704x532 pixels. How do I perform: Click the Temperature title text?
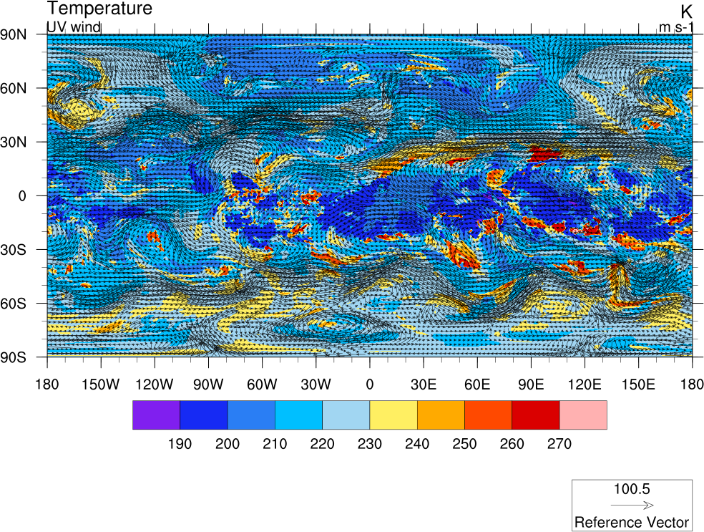tap(99, 9)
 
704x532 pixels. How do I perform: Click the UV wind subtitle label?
tap(73, 27)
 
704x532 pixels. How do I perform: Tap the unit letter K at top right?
tap(686, 11)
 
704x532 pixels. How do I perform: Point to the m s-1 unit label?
tap(675, 28)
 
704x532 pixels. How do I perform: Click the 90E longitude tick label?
tap(531, 383)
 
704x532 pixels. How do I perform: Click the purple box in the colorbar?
tap(156, 415)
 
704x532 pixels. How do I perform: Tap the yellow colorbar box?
tap(393, 415)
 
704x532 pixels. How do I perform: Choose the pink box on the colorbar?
tap(583, 415)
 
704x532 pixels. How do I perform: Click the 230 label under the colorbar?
tap(369, 444)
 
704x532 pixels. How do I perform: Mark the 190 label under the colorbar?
tap(180, 444)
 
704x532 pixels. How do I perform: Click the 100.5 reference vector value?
tap(632, 490)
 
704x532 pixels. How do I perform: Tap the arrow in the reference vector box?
tap(632, 505)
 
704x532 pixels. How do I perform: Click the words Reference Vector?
tap(632, 522)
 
